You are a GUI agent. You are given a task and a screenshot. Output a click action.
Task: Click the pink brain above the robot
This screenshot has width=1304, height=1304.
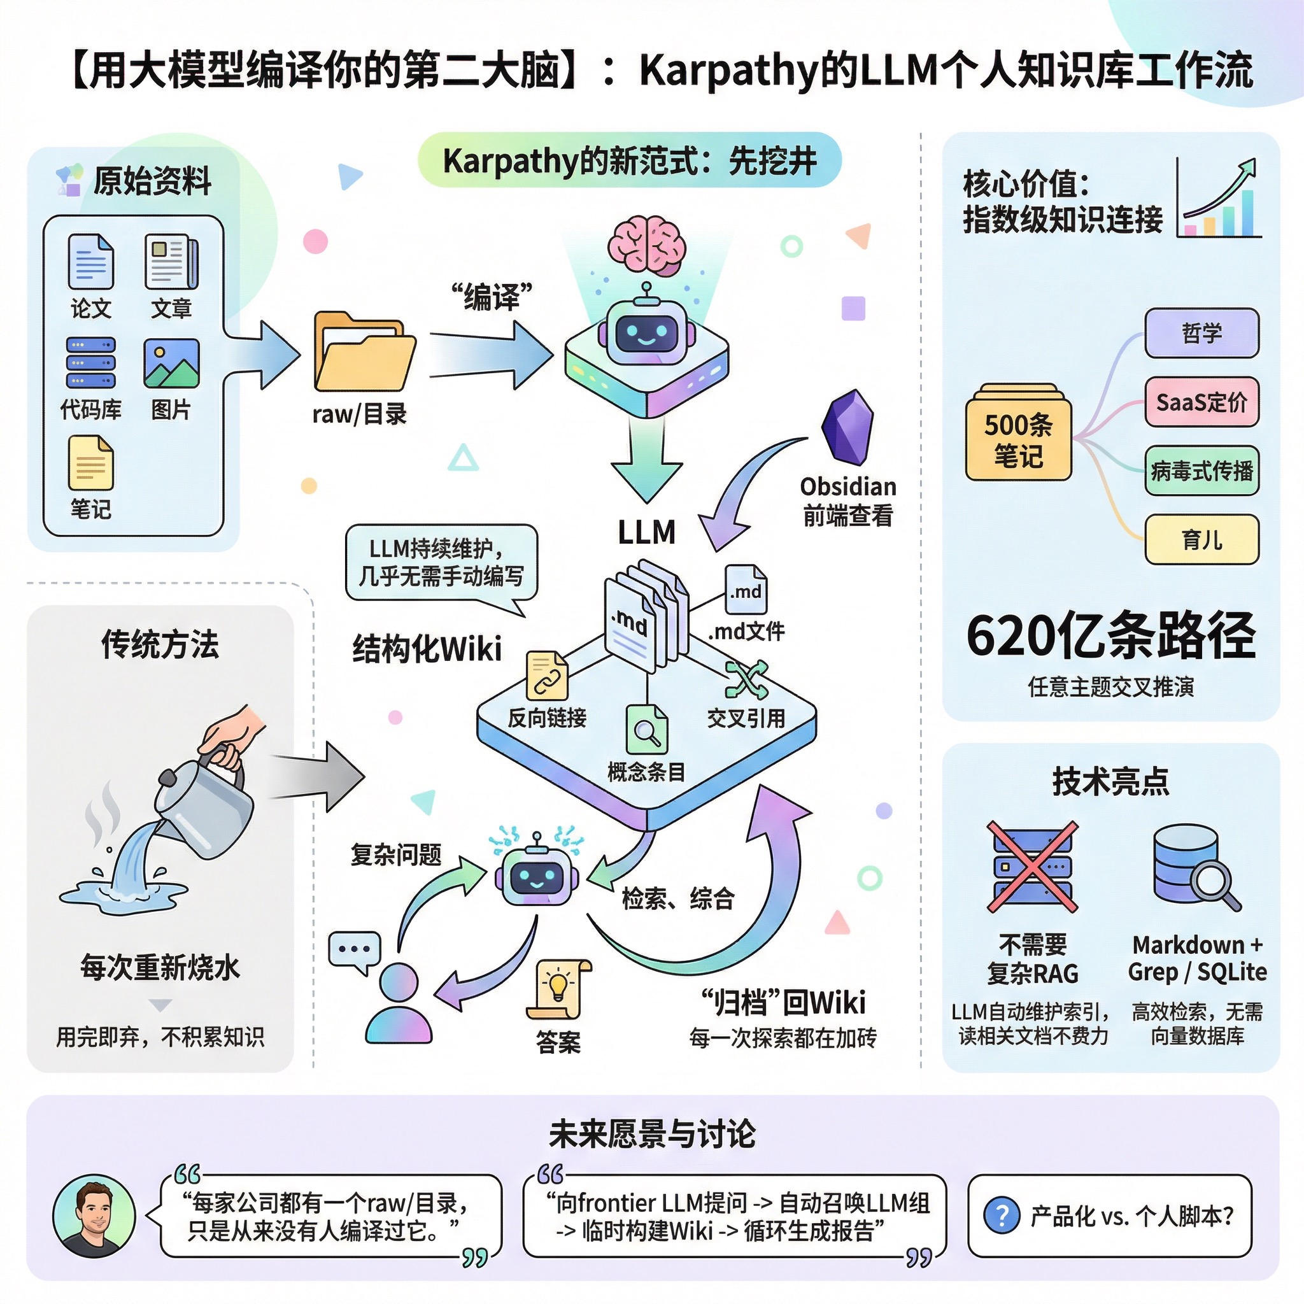[x=647, y=245]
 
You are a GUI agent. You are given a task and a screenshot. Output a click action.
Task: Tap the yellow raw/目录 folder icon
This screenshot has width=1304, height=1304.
[x=364, y=352]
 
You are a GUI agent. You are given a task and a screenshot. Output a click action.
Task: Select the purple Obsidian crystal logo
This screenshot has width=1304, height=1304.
[x=847, y=427]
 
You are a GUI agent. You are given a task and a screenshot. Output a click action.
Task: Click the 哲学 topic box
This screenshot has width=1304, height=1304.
[x=1201, y=334]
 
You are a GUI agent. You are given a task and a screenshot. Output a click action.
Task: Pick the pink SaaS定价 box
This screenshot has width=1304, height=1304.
[x=1201, y=402]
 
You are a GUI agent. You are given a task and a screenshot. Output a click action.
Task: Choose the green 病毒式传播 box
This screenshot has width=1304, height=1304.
[x=1201, y=471]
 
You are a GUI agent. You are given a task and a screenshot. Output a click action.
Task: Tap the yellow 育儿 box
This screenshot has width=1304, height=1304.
[x=1201, y=540]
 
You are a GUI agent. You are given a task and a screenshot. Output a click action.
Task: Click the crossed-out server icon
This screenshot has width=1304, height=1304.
[x=1032, y=867]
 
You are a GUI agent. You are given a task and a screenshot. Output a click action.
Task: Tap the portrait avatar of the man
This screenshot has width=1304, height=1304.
[x=94, y=1215]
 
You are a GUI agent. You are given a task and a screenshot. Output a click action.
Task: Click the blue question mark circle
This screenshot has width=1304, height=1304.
[x=1002, y=1215]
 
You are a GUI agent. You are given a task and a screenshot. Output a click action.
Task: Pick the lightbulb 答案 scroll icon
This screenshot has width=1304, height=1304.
[x=558, y=989]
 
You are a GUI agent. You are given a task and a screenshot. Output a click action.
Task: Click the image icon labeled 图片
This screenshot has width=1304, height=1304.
[x=171, y=364]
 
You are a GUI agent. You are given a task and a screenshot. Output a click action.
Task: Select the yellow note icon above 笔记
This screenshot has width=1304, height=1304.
[x=90, y=463]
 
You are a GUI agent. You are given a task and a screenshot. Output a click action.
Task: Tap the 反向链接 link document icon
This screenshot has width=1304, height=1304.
[x=547, y=676]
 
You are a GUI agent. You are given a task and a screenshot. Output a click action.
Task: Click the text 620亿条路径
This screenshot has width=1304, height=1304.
[x=1110, y=636]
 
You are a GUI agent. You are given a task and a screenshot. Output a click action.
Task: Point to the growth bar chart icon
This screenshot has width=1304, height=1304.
[x=1218, y=199]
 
